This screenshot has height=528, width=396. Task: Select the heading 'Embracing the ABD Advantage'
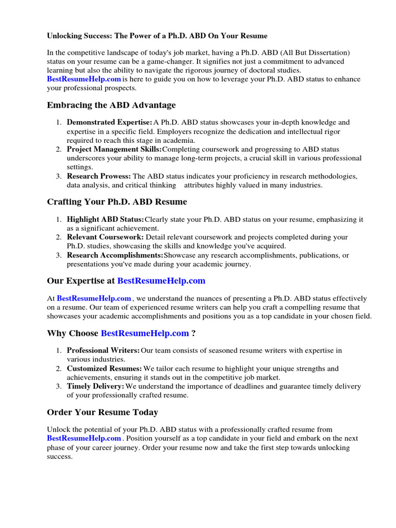click(111, 105)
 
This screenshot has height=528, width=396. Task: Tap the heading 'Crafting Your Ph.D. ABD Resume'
click(117, 202)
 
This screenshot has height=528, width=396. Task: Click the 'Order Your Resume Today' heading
click(103, 412)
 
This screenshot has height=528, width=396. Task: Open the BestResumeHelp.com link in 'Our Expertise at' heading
click(161, 280)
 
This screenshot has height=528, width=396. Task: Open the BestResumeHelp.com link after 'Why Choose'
click(145, 333)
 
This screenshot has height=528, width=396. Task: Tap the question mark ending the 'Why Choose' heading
click(193, 333)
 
